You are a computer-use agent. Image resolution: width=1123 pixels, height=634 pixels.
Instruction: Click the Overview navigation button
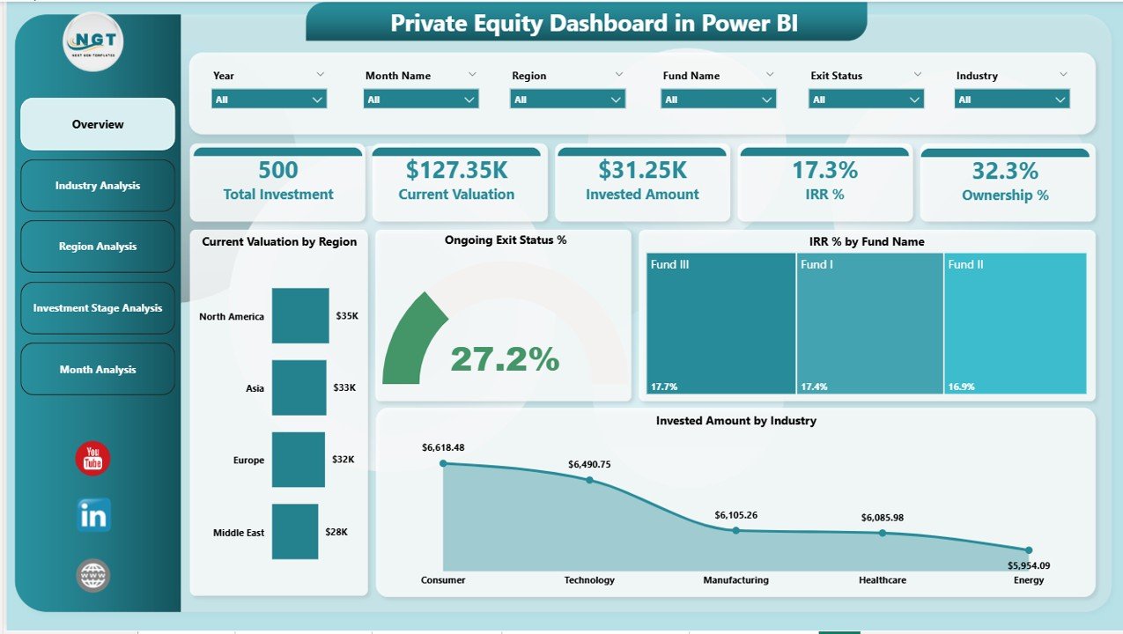pyautogui.click(x=98, y=124)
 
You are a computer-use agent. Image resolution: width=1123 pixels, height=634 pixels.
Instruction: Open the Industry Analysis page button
pyautogui.click(x=98, y=186)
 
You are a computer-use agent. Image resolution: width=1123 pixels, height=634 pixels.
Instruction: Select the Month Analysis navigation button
pyautogui.click(x=98, y=370)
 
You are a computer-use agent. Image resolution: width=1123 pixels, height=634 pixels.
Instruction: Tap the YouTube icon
pyautogui.click(x=92, y=459)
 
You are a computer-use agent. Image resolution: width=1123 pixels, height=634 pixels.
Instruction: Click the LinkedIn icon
pyautogui.click(x=93, y=516)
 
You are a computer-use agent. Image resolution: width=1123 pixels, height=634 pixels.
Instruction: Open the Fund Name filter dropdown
pyautogui.click(x=718, y=100)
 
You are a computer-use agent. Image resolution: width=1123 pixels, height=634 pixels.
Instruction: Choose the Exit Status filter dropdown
pyautogui.click(x=866, y=100)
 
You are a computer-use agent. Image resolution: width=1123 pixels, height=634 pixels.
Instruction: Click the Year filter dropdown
pyautogui.click(x=269, y=100)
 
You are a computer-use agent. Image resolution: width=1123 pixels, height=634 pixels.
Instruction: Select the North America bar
pyautogui.click(x=299, y=315)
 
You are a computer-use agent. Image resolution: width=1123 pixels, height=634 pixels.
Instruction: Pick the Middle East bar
pyautogui.click(x=294, y=532)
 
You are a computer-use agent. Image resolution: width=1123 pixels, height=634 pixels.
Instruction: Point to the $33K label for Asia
pyautogui.click(x=345, y=387)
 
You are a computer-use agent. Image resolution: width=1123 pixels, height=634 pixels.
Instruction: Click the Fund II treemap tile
pyautogui.click(x=1015, y=323)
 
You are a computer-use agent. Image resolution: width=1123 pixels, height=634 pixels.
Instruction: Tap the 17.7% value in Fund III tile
pyautogui.click(x=665, y=387)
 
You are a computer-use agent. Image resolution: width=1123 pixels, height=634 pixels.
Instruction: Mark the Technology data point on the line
pyautogui.click(x=589, y=480)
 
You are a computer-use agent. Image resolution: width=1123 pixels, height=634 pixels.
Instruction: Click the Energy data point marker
pyautogui.click(x=1028, y=550)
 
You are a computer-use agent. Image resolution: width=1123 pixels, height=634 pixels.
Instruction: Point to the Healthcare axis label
pyautogui.click(x=882, y=580)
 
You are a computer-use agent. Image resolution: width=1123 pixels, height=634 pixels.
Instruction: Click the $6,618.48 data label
pyautogui.click(x=443, y=447)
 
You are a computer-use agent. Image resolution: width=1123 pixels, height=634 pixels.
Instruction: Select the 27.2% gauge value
pyautogui.click(x=505, y=358)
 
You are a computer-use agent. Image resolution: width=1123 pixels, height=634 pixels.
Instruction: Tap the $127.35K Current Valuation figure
pyautogui.click(x=456, y=170)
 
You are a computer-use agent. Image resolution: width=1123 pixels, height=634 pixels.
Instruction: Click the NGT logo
pyautogui.click(x=93, y=41)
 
